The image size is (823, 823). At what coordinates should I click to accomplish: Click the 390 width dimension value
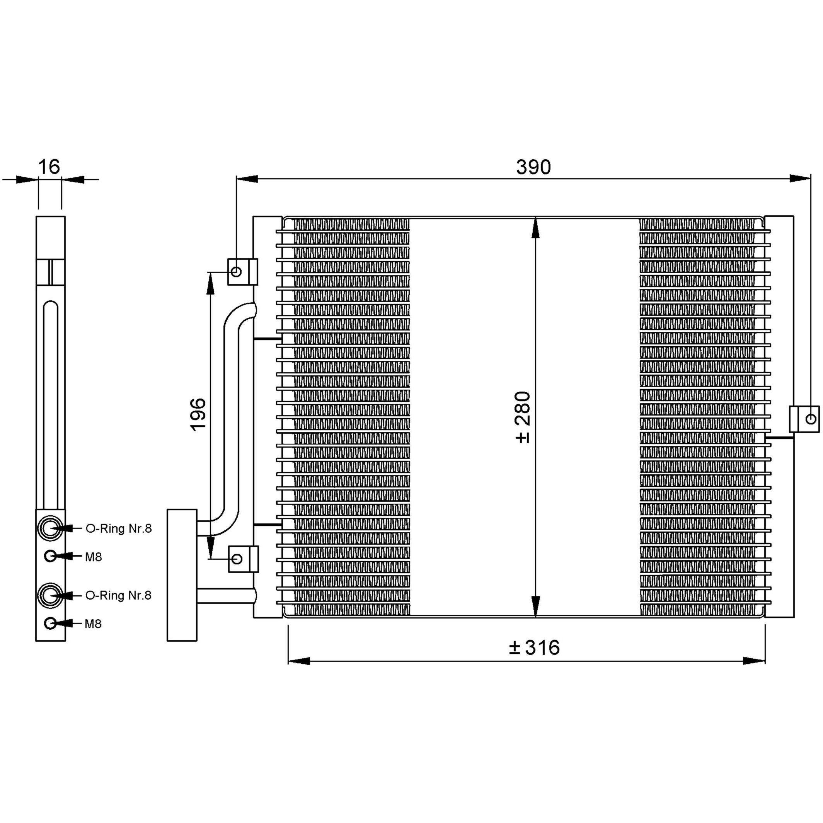(x=533, y=167)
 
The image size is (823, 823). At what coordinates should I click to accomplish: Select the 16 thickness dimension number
(x=49, y=167)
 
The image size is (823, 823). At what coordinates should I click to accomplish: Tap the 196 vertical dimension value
(x=198, y=414)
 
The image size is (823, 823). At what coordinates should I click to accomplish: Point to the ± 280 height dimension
(x=522, y=417)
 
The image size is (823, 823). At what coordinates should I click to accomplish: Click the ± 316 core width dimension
(x=534, y=647)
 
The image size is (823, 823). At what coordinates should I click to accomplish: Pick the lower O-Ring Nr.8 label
(x=118, y=595)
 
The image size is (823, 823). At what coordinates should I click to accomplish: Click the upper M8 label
(x=93, y=557)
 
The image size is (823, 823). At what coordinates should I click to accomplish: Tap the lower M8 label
(x=93, y=624)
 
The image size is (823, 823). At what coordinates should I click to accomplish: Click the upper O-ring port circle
(x=50, y=528)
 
